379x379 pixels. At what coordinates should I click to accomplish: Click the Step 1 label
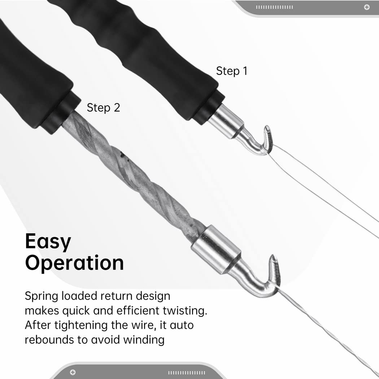click(232, 71)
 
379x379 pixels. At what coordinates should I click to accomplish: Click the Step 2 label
click(104, 108)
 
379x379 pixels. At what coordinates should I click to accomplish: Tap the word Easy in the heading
click(48, 242)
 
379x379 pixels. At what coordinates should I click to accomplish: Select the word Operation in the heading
click(74, 263)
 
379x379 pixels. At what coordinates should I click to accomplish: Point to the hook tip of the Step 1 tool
click(267, 127)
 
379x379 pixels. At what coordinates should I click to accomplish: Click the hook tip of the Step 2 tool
click(273, 256)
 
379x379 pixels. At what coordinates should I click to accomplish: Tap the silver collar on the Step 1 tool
click(226, 121)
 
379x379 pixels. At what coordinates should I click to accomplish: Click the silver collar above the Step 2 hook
click(216, 249)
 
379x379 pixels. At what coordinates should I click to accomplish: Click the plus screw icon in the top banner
click(367, 7)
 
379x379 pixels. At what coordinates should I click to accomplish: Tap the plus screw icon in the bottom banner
click(73, 372)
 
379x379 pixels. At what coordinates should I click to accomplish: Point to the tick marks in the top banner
click(274, 7)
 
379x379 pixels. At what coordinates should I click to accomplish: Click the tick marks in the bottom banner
click(187, 373)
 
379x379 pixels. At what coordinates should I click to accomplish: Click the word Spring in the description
click(42, 296)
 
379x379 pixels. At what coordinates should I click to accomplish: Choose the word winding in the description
click(144, 340)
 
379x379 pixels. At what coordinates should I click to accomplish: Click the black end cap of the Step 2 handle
click(60, 112)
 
